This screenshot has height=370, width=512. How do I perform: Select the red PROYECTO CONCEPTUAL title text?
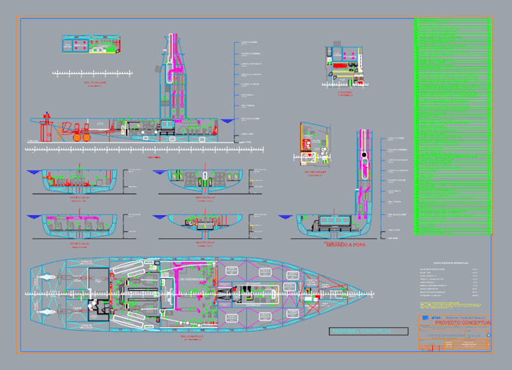tap(462, 323)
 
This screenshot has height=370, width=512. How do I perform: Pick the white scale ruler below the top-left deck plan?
tap(90, 73)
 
